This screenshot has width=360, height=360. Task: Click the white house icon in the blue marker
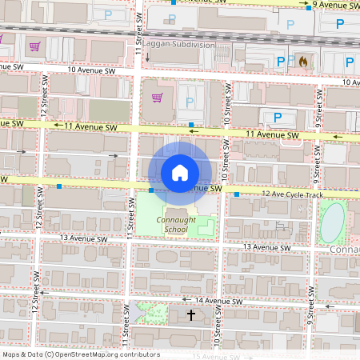click(180, 173)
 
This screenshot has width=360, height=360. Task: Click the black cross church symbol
click(190, 315)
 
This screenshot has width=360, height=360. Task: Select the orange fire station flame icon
click(302, 60)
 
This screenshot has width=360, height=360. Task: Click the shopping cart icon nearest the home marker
click(157, 98)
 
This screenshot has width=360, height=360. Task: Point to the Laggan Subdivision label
click(179, 46)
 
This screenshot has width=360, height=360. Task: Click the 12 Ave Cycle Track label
click(292, 194)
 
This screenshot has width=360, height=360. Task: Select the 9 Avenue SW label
click(336, 5)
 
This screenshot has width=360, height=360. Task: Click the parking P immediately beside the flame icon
click(280, 61)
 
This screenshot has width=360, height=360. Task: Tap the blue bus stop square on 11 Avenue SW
click(190, 124)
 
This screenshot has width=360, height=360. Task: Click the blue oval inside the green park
click(332, 222)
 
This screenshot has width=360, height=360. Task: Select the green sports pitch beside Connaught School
click(205, 227)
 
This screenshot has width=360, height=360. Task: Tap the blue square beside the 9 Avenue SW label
click(308, 5)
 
